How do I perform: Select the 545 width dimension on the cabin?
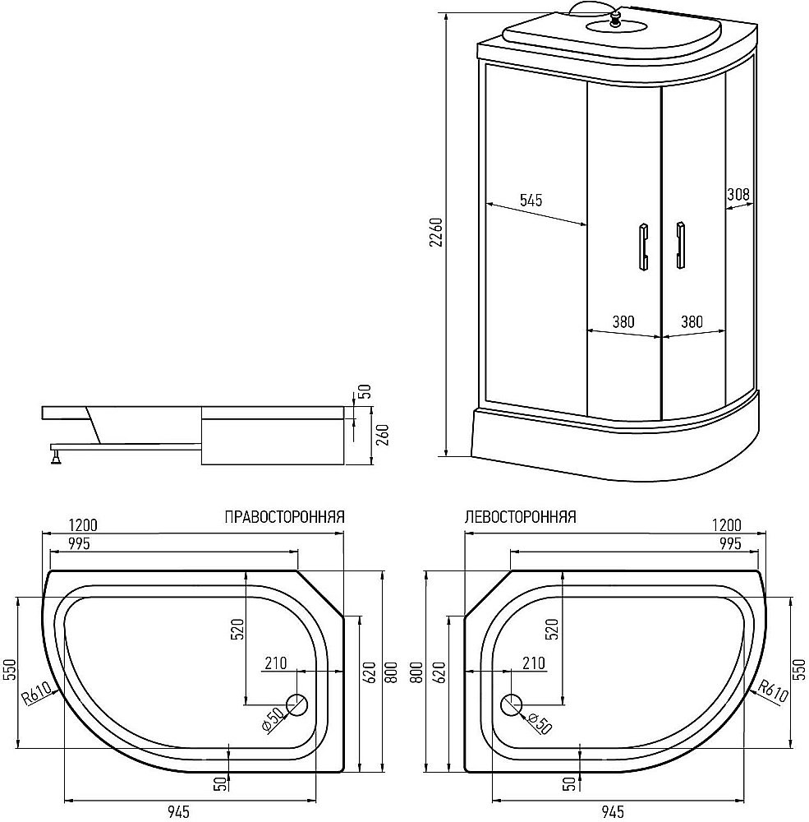pyautogui.click(x=531, y=200)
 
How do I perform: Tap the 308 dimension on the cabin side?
pyautogui.click(x=738, y=195)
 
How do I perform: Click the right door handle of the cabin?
pyautogui.click(x=680, y=245)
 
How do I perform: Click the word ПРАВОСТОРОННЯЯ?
pyautogui.click(x=284, y=518)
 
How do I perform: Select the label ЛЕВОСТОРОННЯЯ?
pyautogui.click(x=520, y=518)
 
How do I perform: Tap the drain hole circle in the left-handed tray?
pyautogui.click(x=512, y=704)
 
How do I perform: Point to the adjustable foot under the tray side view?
pyautogui.click(x=56, y=455)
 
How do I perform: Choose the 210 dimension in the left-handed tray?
pyautogui.click(x=534, y=663)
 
